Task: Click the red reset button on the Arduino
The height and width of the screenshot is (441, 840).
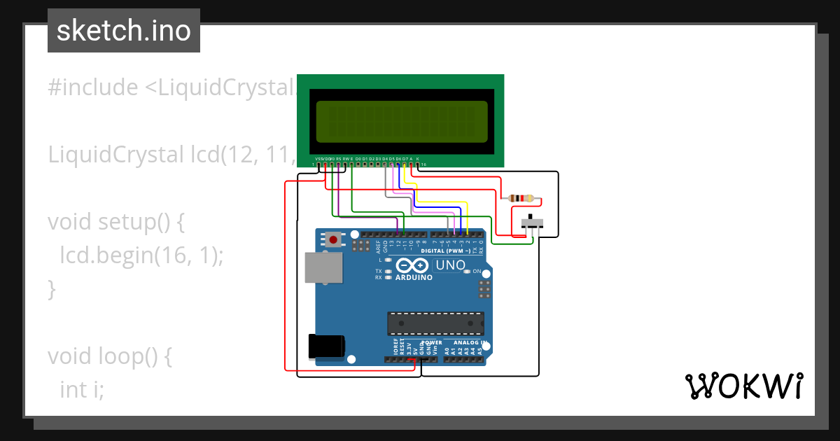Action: click(x=334, y=240)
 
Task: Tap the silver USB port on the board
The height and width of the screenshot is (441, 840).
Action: click(x=323, y=267)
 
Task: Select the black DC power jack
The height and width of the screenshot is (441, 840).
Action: click(x=327, y=346)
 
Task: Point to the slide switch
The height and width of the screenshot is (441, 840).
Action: click(x=534, y=223)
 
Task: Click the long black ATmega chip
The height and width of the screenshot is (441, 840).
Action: click(x=435, y=323)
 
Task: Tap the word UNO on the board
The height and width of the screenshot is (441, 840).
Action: click(x=450, y=265)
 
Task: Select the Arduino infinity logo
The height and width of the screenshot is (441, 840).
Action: click(x=413, y=265)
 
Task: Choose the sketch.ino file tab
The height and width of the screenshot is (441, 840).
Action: click(x=124, y=31)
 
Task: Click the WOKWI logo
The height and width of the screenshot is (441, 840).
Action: click(x=743, y=386)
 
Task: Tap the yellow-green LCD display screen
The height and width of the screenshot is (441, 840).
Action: click(x=402, y=120)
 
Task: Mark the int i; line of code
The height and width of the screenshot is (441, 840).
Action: click(x=82, y=389)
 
